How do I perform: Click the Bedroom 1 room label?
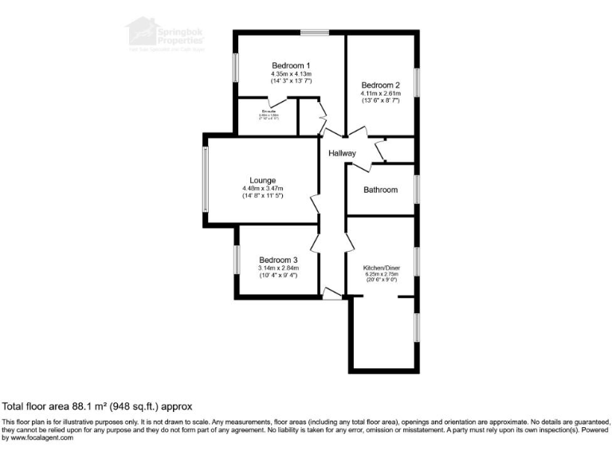[x=291, y=65]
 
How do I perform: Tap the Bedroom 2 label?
[x=380, y=85]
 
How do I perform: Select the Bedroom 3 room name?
[x=278, y=260]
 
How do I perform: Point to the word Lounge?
[x=262, y=181]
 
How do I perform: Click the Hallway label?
[x=342, y=153]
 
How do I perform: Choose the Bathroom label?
[x=380, y=190]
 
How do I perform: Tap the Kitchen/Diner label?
[x=380, y=268]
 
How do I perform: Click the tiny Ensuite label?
[x=268, y=112]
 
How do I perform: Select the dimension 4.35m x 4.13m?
[x=291, y=74]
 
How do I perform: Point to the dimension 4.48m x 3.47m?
[x=263, y=188]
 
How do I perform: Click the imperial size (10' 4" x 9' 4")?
[x=278, y=276]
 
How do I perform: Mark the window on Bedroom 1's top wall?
[x=315, y=33]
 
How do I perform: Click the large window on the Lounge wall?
[x=205, y=180]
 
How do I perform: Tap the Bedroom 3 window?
[x=236, y=261]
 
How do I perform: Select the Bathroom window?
[x=417, y=190]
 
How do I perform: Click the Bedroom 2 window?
[x=417, y=85]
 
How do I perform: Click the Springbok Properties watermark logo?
[x=164, y=36]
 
